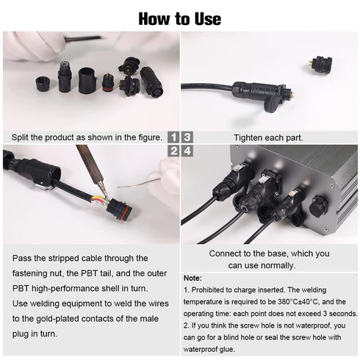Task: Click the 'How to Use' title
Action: (x=179, y=17)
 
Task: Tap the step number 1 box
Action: (x=173, y=137)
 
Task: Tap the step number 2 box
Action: (x=173, y=151)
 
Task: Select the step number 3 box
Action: (x=187, y=137)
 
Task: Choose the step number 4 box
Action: (x=187, y=151)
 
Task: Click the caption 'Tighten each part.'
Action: (x=267, y=137)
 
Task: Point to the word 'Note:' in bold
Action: (x=192, y=278)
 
